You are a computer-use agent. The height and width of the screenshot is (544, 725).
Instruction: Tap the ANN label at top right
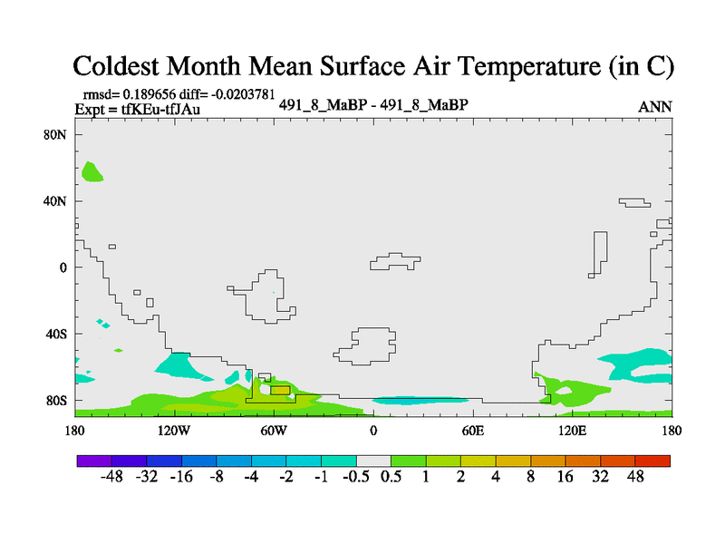click(x=654, y=107)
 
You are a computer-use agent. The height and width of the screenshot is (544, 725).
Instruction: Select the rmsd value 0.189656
click(x=149, y=94)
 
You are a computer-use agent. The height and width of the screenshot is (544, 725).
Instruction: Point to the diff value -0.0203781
click(x=243, y=94)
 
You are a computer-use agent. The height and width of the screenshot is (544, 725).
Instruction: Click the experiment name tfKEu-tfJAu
click(x=160, y=109)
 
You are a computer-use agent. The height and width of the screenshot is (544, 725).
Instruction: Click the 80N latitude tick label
click(x=55, y=134)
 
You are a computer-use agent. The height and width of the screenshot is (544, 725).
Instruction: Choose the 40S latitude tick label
click(x=55, y=334)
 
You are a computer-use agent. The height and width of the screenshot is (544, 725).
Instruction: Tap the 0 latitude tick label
click(x=63, y=267)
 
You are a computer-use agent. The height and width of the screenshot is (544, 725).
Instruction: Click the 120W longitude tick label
click(x=173, y=431)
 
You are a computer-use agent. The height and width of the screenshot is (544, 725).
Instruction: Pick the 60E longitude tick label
click(x=472, y=431)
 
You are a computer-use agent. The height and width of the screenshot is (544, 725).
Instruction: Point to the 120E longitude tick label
click(x=572, y=431)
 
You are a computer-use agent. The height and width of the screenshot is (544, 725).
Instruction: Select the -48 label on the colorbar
click(x=111, y=477)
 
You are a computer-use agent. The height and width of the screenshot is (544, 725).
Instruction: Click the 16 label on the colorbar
click(x=565, y=477)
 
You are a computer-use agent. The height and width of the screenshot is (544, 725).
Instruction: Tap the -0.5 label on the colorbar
click(x=356, y=477)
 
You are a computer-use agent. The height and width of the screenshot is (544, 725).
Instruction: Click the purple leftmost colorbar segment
click(x=94, y=461)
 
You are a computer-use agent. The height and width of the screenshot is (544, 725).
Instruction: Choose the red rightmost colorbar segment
click(x=652, y=461)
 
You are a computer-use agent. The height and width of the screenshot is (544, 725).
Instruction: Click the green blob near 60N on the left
click(x=92, y=172)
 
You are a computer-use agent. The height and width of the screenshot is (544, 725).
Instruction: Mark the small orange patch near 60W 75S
click(x=280, y=391)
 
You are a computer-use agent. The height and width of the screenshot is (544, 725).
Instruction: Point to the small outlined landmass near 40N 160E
click(x=635, y=202)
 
